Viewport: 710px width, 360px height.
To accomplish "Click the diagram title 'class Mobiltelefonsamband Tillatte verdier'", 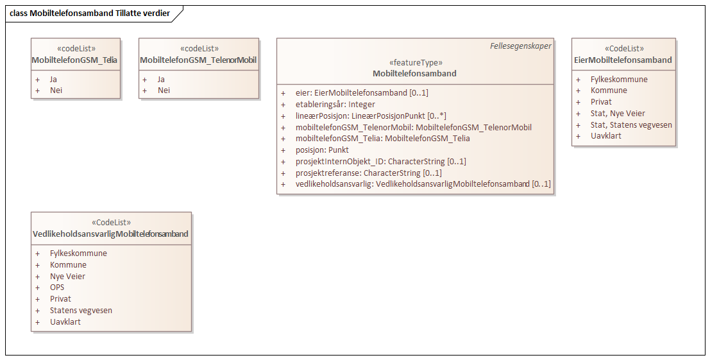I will (90, 13).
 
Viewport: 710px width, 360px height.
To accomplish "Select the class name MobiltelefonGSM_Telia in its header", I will (76, 60).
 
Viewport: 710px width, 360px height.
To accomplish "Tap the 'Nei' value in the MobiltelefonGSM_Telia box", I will (56, 90).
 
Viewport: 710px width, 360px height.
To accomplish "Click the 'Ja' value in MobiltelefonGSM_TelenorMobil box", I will (161, 80).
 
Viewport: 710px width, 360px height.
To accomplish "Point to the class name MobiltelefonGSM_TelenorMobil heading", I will (198, 60).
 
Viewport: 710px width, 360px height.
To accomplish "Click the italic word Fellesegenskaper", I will (520, 46).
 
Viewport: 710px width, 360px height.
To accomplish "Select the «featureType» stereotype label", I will (415, 63).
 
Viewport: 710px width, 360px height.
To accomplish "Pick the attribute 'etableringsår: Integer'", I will (335, 104).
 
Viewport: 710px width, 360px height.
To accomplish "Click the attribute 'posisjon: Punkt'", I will (322, 150).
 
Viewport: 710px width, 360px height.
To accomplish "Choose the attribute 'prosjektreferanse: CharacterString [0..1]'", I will (368, 173).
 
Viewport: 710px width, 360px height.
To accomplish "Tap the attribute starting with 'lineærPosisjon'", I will (371, 116).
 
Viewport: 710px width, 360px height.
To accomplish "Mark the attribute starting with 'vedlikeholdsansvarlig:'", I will (423, 184).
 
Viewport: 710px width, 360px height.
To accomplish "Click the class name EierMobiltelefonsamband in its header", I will (623, 60).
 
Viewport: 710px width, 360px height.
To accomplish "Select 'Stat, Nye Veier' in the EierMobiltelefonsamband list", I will (618, 114).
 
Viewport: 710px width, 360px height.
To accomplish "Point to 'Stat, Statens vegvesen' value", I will (631, 124).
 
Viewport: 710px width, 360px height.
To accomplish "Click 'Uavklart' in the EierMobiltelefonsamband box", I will (606, 136).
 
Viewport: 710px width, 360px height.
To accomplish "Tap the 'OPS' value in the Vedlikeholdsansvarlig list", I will (57, 287).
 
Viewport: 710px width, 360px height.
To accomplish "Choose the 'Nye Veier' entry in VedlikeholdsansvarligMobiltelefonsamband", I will (67, 277).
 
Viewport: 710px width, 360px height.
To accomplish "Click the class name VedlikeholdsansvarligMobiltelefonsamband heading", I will (110, 234).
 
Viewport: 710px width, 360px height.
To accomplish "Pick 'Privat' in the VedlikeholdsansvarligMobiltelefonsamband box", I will (60, 299).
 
